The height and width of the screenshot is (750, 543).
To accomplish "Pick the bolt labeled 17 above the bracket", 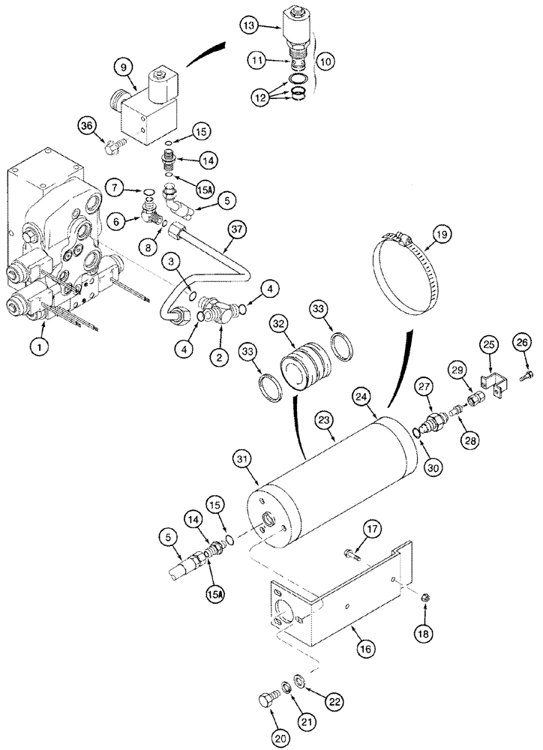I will [351, 556].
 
